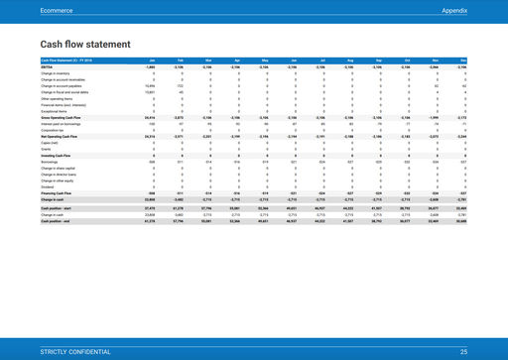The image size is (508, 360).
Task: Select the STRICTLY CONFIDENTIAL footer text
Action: point(77,352)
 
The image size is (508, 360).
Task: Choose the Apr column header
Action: point(235,61)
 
